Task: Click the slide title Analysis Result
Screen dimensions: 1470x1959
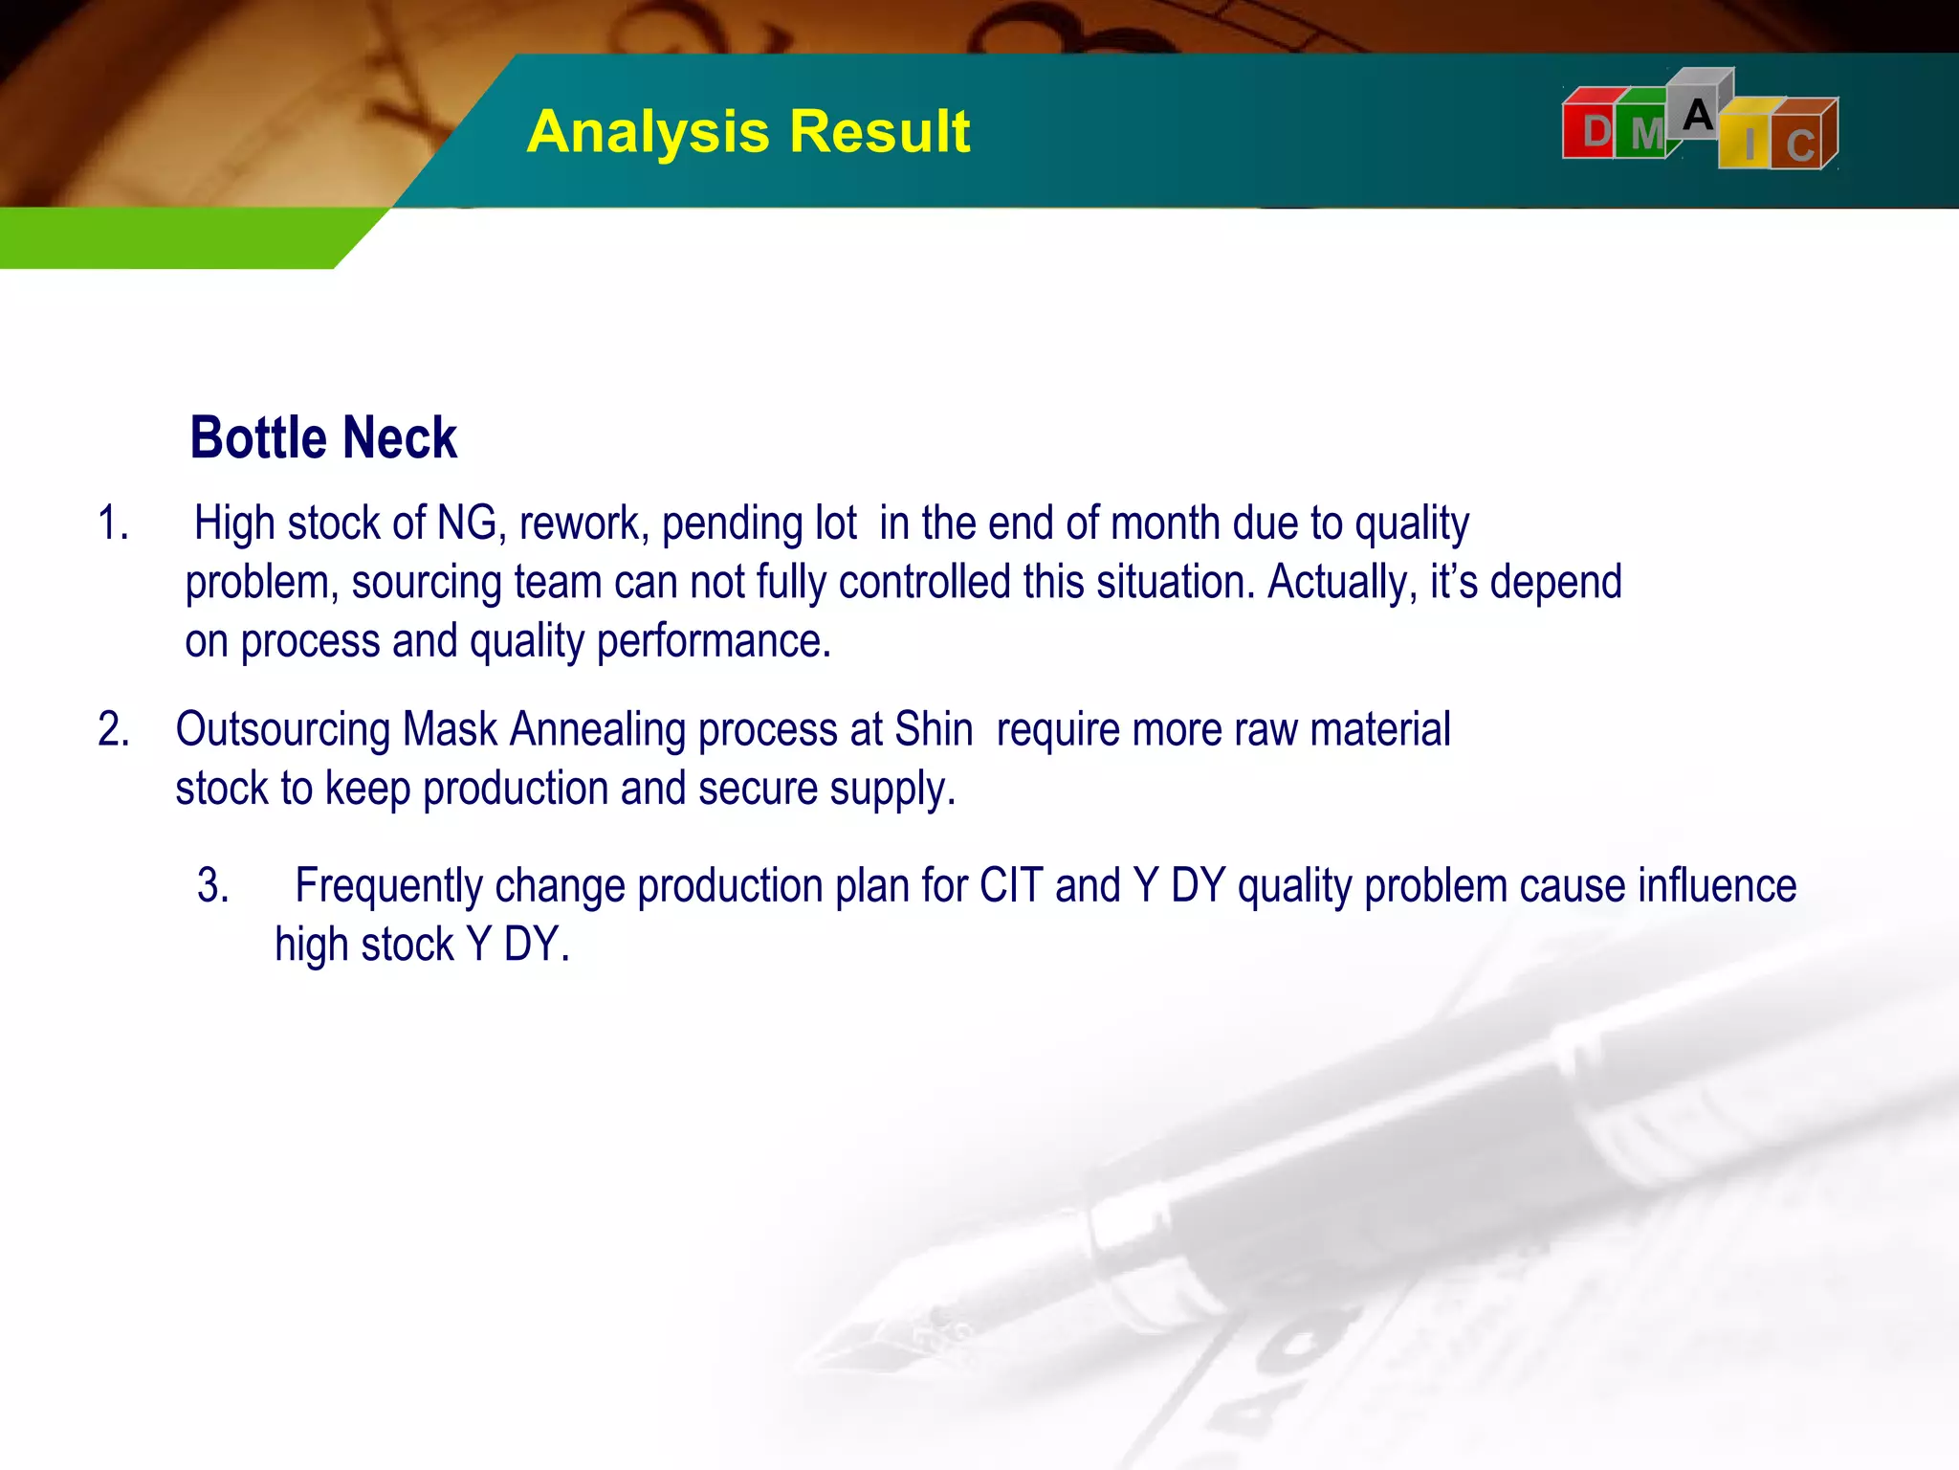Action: pyautogui.click(x=748, y=131)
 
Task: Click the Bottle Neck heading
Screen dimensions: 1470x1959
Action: pyautogui.click(x=323, y=438)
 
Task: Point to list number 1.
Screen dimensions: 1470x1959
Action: pyautogui.click(x=113, y=523)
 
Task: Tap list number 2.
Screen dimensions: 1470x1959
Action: pyautogui.click(x=113, y=729)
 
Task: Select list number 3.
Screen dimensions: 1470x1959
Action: pyautogui.click(x=212, y=885)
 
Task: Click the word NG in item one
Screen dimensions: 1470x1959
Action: pyautogui.click(x=467, y=523)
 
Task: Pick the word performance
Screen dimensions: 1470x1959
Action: pyautogui.click(x=714, y=641)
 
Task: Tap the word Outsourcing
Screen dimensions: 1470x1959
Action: pyautogui.click(x=282, y=729)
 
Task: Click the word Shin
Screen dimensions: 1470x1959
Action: pyautogui.click(x=934, y=729)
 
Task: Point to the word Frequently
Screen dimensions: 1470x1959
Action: pyautogui.click(x=388, y=885)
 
